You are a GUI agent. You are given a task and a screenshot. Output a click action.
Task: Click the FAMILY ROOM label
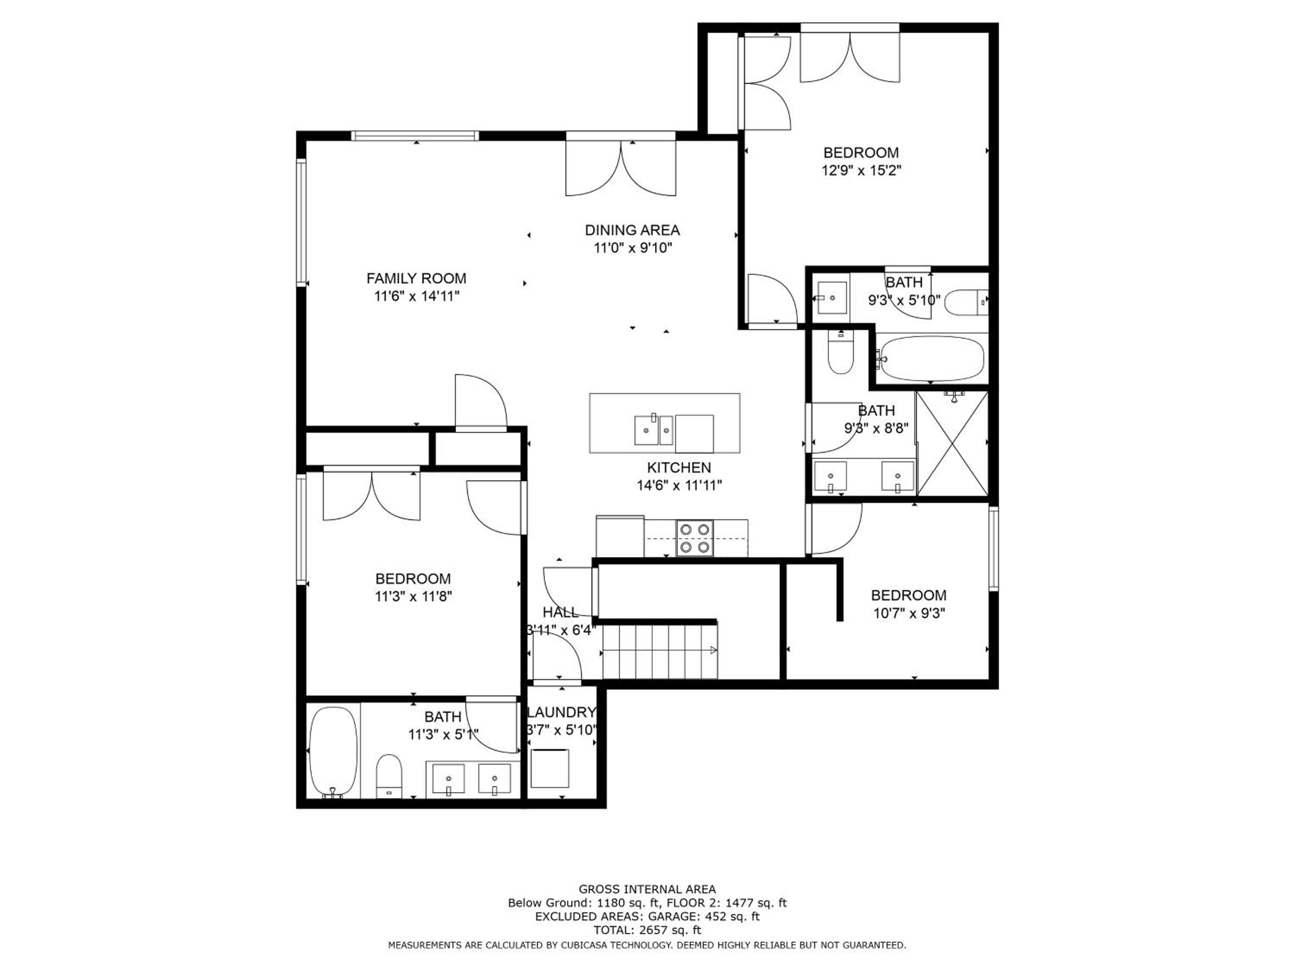point(416,278)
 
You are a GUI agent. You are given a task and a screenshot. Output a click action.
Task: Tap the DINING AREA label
point(632,230)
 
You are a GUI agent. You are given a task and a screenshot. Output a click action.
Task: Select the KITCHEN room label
point(679,467)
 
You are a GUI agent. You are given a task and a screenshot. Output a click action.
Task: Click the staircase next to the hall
point(660,650)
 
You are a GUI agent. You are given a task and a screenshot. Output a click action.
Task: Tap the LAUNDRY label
point(562,712)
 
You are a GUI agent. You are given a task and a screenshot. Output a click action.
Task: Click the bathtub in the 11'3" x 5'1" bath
point(332,752)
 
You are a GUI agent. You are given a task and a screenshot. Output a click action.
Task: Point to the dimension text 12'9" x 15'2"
point(861,171)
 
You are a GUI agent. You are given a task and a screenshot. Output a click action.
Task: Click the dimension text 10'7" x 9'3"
point(909,613)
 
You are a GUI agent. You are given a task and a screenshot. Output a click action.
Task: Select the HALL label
point(560,612)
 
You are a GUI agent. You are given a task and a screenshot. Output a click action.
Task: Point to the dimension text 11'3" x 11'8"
point(414,597)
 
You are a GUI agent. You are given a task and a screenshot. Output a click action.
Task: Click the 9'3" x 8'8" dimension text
point(876,428)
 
